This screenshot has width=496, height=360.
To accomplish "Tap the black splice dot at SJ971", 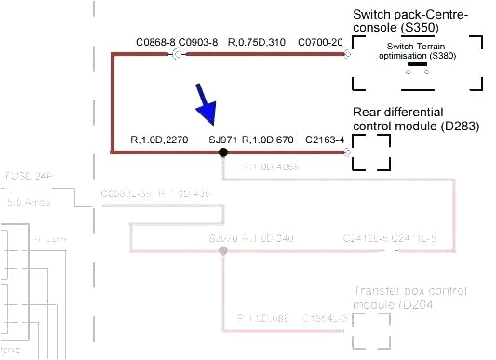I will tap(222, 152).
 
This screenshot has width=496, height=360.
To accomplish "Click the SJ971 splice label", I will tap(223, 140).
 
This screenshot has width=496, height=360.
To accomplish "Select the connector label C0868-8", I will tap(154, 42).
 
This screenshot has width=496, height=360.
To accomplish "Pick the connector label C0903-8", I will tap(197, 42).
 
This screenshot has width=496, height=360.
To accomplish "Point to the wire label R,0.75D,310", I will tap(256, 42).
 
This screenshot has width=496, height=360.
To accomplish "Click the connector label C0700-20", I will tap(319, 42).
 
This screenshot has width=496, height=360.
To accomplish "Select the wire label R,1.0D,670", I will tap(268, 140).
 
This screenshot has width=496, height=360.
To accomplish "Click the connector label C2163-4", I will tap(326, 140).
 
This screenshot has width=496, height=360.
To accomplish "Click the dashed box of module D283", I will tap(371, 152).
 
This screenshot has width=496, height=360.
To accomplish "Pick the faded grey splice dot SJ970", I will tap(222, 251).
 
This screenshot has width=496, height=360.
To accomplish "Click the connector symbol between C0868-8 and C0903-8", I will tap(177, 55).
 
